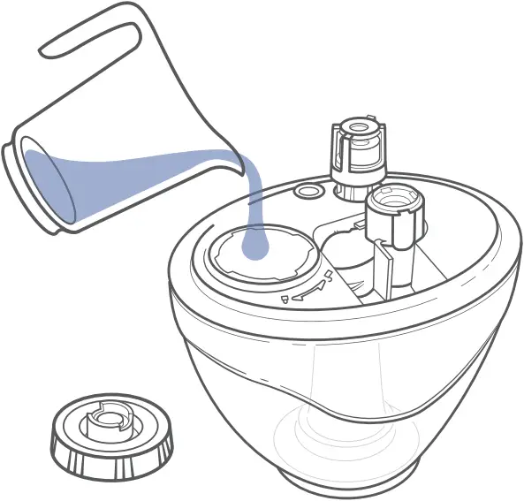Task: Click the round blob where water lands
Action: coord(258,246)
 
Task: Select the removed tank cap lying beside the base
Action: coord(110,435)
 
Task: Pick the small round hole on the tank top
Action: coord(308,191)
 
